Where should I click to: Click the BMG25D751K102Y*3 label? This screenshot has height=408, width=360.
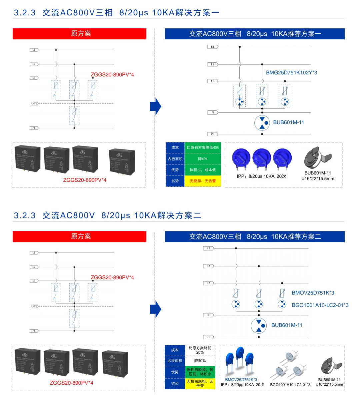click(291, 73)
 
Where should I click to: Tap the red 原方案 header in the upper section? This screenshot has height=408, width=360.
click(79, 34)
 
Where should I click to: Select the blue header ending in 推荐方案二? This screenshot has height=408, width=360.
click(255, 237)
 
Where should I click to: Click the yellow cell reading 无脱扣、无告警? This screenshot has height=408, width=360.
click(203, 181)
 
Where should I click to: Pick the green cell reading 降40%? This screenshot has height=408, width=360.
click(203, 159)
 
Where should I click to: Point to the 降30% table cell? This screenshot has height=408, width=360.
click(200, 361)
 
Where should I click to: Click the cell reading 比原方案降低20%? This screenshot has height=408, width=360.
click(200, 350)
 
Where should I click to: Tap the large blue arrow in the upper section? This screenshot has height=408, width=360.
click(155, 106)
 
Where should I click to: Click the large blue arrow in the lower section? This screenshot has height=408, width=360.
click(155, 309)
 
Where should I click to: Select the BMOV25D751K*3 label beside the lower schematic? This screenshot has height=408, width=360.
click(313, 293)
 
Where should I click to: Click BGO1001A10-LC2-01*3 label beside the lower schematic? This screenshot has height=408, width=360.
click(320, 305)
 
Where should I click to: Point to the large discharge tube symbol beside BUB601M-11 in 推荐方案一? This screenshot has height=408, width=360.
click(262, 123)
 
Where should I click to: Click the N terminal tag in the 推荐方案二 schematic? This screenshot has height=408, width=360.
click(208, 315)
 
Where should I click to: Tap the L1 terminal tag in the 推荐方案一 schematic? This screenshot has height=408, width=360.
click(213, 47)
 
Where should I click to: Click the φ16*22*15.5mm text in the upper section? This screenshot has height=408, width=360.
click(318, 178)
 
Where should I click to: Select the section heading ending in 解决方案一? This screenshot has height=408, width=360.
click(117, 13)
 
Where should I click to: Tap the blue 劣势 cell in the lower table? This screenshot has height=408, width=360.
click(175, 383)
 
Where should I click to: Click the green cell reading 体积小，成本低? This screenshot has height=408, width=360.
click(203, 170)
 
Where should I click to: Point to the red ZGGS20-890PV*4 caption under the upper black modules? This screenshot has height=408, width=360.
click(85, 180)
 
